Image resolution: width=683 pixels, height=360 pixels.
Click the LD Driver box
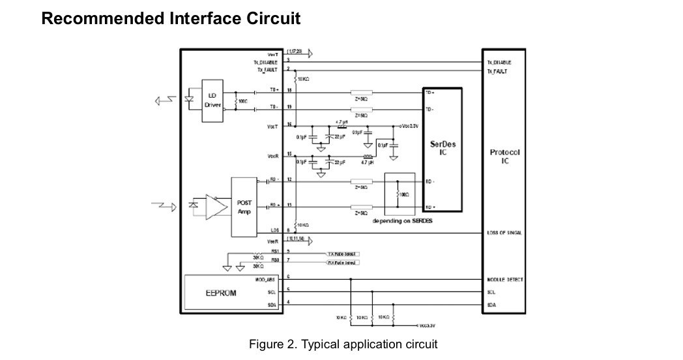(212, 100)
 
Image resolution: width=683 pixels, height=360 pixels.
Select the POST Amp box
(244, 207)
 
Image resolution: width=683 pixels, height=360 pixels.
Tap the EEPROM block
(221, 293)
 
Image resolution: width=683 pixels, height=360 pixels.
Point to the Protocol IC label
(504, 157)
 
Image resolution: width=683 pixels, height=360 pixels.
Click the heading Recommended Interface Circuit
(171, 18)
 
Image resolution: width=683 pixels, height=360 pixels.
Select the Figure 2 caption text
(343, 344)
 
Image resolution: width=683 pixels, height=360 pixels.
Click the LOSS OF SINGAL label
(504, 233)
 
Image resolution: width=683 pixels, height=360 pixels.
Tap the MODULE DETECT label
(505, 280)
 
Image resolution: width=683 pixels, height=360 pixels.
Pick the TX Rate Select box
(342, 253)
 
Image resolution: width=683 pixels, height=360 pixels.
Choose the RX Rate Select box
(342, 262)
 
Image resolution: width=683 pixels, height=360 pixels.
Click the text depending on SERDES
(403, 221)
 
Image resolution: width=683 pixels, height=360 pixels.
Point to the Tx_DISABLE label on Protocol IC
(499, 63)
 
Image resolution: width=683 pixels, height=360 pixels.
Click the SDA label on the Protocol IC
(492, 305)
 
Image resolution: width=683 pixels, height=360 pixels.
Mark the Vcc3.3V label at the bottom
(425, 324)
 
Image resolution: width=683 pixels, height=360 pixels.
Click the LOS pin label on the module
(274, 230)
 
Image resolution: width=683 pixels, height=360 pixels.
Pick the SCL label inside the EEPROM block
(272, 292)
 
